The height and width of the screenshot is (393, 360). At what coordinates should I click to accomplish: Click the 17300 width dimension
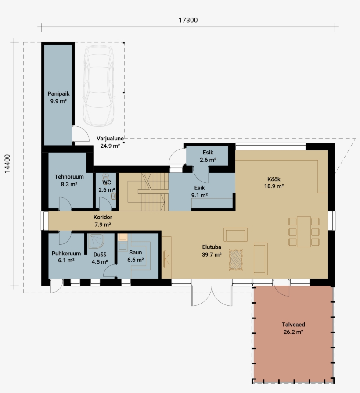[x=188, y=20]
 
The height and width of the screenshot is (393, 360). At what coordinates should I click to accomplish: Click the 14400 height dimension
[x=7, y=164]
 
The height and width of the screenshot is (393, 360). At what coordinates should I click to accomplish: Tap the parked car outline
[x=99, y=86]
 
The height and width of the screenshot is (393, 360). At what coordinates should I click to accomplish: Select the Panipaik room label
[x=58, y=94]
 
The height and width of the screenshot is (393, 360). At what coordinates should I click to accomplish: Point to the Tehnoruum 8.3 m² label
[x=69, y=180]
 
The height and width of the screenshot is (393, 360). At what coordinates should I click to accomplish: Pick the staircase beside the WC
[x=148, y=192]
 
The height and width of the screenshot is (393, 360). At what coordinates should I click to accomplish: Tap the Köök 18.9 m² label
[x=274, y=182]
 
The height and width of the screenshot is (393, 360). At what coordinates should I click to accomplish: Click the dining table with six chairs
[x=304, y=232]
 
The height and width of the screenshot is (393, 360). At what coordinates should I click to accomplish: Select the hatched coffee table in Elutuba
[x=236, y=260]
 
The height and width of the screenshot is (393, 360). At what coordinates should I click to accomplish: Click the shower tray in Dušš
[x=96, y=241]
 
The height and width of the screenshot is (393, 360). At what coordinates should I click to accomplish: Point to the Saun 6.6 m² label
[x=136, y=256]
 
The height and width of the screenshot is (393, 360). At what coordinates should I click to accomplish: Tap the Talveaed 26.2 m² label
[x=293, y=328]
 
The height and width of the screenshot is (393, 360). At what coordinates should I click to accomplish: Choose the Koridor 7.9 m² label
[x=103, y=221]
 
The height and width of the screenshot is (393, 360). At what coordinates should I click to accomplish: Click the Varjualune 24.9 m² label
[x=110, y=142]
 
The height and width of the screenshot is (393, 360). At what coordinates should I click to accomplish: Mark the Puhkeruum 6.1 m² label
[x=66, y=257]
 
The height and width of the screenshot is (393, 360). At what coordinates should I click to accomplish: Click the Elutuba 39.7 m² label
[x=212, y=250]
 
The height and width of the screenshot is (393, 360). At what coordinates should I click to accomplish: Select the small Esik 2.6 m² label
[x=208, y=156]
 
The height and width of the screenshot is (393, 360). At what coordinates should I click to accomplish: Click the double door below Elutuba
[x=212, y=296]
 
